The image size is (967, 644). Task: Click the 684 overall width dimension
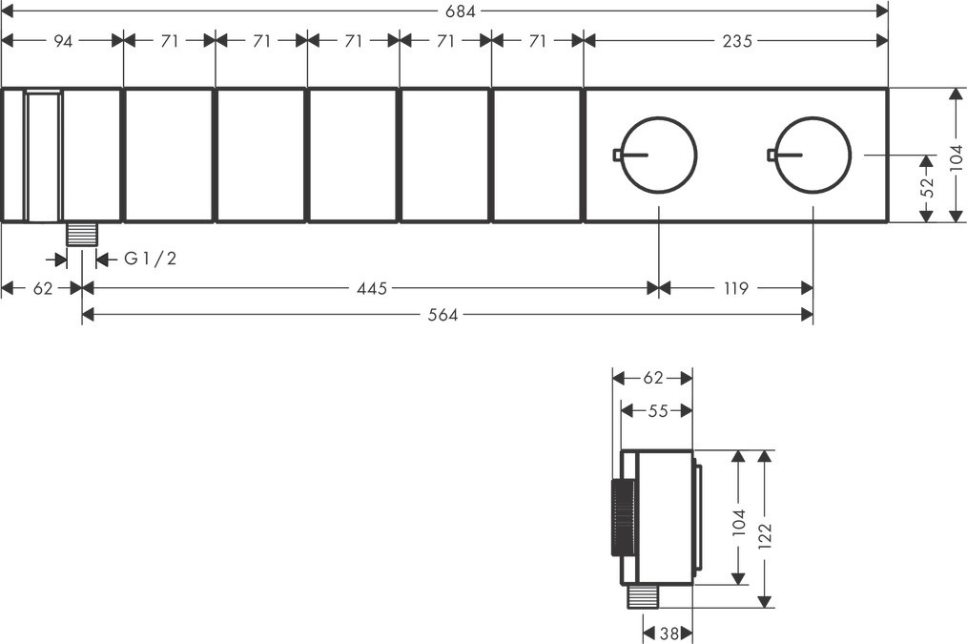click(x=461, y=10)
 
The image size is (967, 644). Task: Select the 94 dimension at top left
click(x=62, y=41)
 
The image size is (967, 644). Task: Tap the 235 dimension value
click(x=736, y=41)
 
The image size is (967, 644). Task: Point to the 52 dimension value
click(x=925, y=187)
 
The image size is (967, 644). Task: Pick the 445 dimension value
click(x=372, y=288)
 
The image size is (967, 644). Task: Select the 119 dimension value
click(x=735, y=288)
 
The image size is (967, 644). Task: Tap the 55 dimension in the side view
click(x=657, y=410)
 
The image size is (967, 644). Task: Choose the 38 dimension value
click(x=669, y=633)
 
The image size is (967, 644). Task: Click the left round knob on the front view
click(x=660, y=155)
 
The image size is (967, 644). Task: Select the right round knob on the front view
click(x=813, y=155)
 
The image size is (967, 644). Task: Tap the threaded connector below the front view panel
click(x=82, y=234)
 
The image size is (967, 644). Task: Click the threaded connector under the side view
click(x=645, y=597)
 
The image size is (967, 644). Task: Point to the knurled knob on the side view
click(x=615, y=515)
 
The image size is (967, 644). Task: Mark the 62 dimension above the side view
click(x=652, y=378)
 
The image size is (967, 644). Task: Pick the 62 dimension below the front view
click(x=43, y=288)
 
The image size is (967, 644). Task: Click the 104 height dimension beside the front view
click(x=956, y=155)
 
